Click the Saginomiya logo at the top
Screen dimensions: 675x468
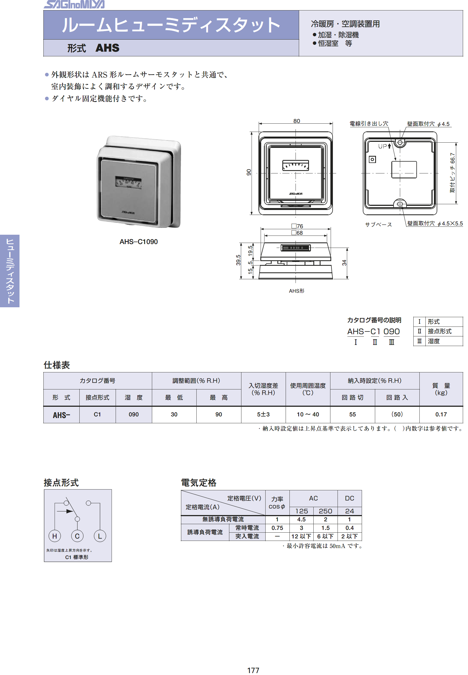click(74, 4)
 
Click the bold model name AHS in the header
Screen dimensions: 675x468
click(107, 48)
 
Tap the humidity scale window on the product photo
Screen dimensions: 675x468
click(129, 182)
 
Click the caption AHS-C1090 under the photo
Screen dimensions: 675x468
click(138, 242)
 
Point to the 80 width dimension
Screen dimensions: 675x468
click(296, 121)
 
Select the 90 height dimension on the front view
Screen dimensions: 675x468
click(249, 172)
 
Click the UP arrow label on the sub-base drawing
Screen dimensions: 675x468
click(385, 146)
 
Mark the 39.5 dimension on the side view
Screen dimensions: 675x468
click(238, 260)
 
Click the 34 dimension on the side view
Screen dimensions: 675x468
click(344, 263)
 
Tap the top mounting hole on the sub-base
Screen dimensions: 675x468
click(400, 143)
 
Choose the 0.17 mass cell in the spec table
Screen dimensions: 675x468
click(441, 414)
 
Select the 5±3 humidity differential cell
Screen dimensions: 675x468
click(263, 414)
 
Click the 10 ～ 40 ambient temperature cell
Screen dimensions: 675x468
click(308, 414)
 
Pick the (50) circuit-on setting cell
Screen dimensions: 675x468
click(397, 414)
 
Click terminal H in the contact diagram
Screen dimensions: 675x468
click(55, 536)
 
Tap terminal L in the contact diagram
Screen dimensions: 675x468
click(100, 536)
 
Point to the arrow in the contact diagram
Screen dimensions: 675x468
click(65, 511)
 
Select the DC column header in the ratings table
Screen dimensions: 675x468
click(349, 498)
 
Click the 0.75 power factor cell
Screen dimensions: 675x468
click(277, 528)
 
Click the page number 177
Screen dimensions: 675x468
click(253, 670)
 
